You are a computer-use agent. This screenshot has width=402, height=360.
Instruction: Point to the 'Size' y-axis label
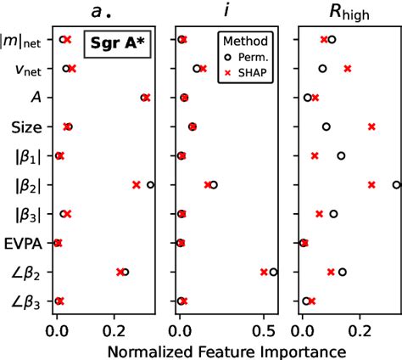23,127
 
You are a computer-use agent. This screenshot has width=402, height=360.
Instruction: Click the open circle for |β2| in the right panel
396,184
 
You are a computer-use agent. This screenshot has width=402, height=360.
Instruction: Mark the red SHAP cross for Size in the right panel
371,127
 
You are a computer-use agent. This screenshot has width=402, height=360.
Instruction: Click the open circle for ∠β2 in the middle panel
273,272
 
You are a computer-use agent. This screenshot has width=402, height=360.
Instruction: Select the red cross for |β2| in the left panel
137,184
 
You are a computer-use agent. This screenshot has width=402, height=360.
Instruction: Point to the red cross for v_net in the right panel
347,68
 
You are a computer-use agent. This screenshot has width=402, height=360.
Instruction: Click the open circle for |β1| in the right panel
341,155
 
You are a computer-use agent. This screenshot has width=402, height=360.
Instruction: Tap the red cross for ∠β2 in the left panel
120,272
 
